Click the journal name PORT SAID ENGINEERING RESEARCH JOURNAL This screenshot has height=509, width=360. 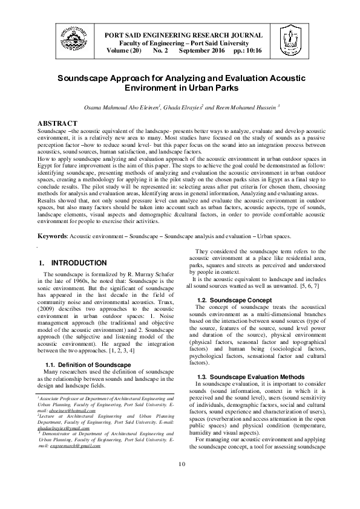184,35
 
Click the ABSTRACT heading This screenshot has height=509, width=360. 57,123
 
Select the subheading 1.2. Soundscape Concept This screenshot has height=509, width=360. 235,300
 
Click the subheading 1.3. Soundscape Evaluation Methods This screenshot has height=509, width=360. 251,376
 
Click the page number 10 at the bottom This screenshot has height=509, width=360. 180,480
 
